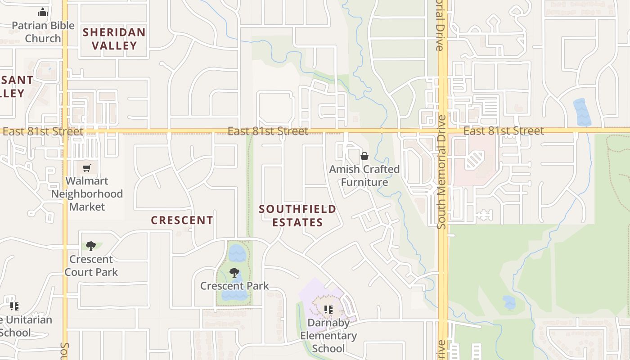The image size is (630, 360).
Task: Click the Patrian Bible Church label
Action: (x=43, y=32)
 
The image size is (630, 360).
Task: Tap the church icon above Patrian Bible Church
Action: (x=43, y=12)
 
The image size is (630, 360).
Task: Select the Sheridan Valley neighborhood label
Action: (x=114, y=39)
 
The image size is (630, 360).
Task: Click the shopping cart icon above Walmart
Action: (x=87, y=168)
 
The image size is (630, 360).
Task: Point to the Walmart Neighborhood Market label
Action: (x=87, y=194)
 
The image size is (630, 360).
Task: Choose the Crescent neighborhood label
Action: (x=182, y=220)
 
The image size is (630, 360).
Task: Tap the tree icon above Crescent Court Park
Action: (x=91, y=246)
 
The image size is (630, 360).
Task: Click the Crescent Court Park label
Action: (x=91, y=265)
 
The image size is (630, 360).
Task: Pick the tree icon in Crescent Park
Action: (x=234, y=272)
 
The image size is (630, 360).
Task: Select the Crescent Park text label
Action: (x=234, y=286)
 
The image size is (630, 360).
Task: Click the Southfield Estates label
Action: (x=297, y=216)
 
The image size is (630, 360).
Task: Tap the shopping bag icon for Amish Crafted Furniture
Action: (x=364, y=156)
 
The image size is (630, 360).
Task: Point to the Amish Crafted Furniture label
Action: (x=364, y=175)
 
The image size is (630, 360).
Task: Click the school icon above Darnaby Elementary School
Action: (x=328, y=310)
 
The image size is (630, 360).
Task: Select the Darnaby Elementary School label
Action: (x=328, y=336)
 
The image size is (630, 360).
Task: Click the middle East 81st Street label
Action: (x=268, y=131)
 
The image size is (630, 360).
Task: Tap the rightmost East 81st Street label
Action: (x=504, y=131)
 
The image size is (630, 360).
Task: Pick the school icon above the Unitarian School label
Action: (x=14, y=306)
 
